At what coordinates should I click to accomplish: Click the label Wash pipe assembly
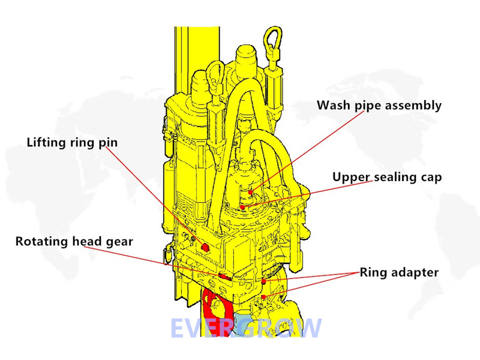point(379,106)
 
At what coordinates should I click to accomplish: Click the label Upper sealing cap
point(387,177)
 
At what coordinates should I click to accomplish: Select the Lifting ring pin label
point(73,142)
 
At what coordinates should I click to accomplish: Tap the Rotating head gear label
point(74,241)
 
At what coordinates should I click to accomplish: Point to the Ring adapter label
point(399,272)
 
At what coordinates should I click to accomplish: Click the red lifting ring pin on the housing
point(206,247)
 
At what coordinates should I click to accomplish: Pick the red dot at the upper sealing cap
point(242,207)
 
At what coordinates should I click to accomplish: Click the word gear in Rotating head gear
point(118,242)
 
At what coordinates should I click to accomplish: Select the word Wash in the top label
point(333,106)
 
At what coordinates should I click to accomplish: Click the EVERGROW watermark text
point(246,328)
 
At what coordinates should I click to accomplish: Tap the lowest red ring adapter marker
point(264,297)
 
